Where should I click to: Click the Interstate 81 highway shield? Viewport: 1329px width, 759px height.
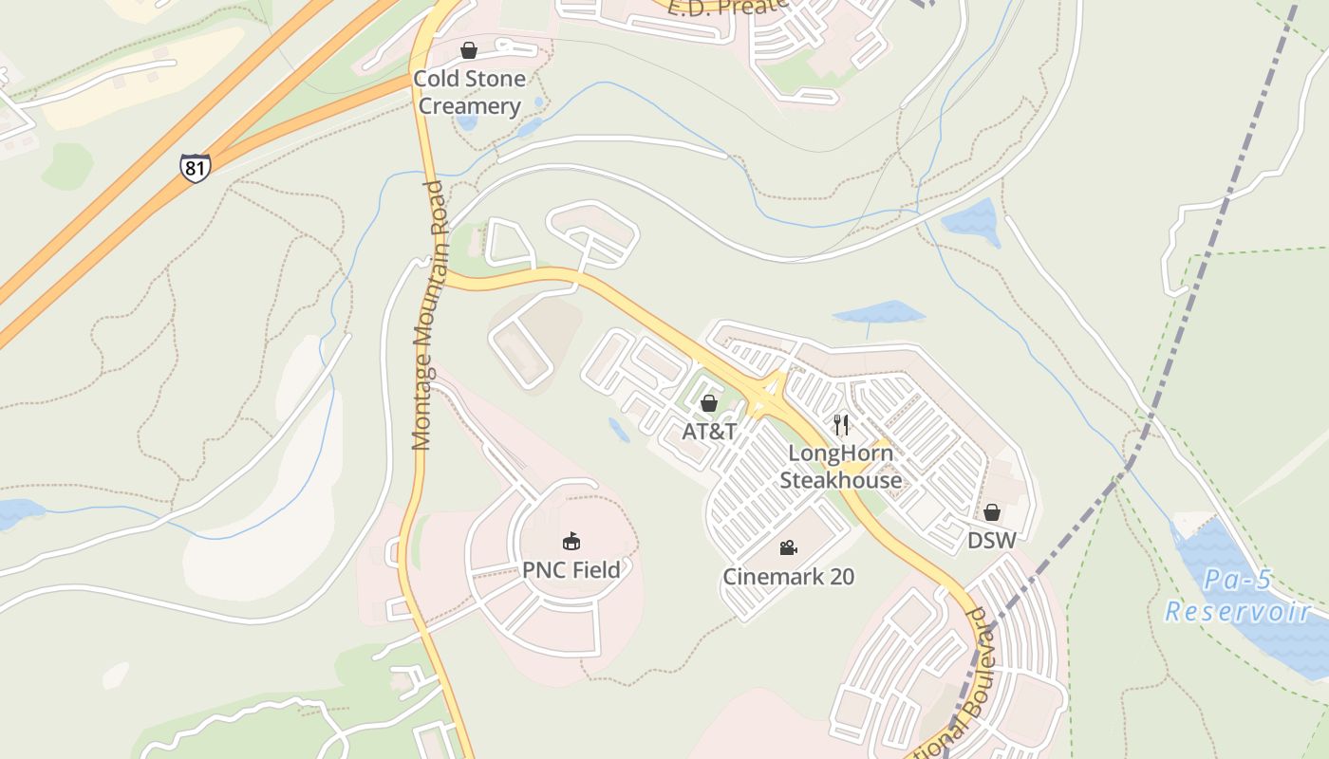195,168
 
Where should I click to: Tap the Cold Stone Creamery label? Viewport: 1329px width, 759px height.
469,92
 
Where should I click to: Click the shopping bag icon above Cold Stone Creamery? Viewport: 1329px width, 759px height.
469,50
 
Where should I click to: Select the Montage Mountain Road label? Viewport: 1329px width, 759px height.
429,314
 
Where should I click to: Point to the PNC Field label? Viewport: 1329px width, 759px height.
571,570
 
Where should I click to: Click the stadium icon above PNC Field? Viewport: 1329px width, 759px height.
571,542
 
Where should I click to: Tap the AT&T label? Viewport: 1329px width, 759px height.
709,432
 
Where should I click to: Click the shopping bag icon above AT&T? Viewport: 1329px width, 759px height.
708,404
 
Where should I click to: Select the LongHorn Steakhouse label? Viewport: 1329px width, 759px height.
841,467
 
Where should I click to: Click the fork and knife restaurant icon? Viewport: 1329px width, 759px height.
841,424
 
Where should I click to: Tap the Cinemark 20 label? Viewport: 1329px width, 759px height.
789,576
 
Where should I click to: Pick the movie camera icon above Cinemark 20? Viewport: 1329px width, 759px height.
788,547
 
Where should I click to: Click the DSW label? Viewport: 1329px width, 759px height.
992,541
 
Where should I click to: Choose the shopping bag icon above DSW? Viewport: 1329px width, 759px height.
992,513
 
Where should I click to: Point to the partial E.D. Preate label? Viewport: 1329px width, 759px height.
728,8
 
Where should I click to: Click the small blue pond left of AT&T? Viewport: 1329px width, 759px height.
619,432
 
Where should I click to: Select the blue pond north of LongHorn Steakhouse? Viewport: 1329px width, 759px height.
878,312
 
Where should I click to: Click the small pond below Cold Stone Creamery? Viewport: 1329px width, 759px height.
467,122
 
